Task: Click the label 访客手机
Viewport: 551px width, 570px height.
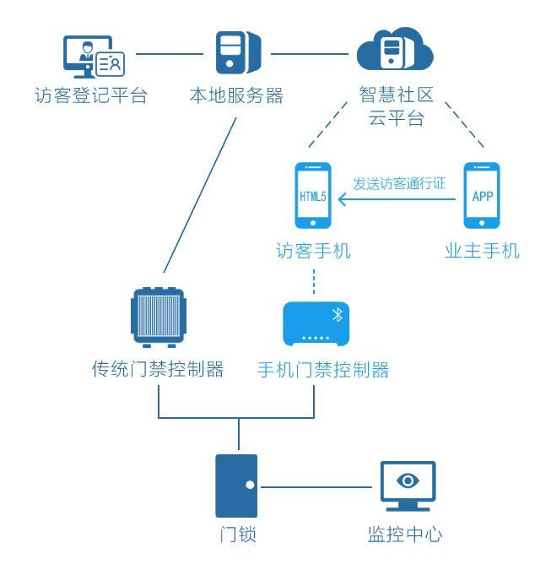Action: coord(313,251)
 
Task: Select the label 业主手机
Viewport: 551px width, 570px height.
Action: coord(482,251)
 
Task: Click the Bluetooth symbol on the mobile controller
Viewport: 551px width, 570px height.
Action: coord(337,315)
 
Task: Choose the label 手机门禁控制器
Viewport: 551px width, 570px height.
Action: coord(323,369)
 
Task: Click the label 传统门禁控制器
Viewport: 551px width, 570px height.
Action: coord(158,369)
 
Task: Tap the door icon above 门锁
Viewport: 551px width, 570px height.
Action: coord(236,486)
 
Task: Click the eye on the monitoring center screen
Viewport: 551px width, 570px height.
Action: coord(408,480)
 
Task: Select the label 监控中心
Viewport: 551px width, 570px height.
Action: coord(405,534)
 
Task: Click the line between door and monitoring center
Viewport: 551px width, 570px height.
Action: coord(316,486)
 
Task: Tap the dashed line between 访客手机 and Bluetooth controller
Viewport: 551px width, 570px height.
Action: coord(313,282)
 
